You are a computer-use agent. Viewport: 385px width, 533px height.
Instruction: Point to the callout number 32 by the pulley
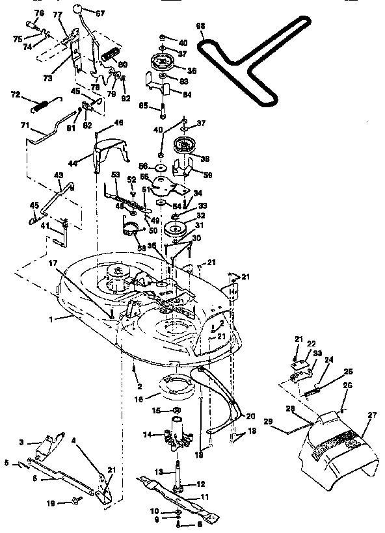tap(201, 215)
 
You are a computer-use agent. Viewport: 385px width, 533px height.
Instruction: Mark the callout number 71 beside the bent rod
tap(25, 125)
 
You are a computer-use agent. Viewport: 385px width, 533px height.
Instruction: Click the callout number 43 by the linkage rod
tap(58, 175)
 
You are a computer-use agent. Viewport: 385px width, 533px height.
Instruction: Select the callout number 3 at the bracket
tap(21, 442)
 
